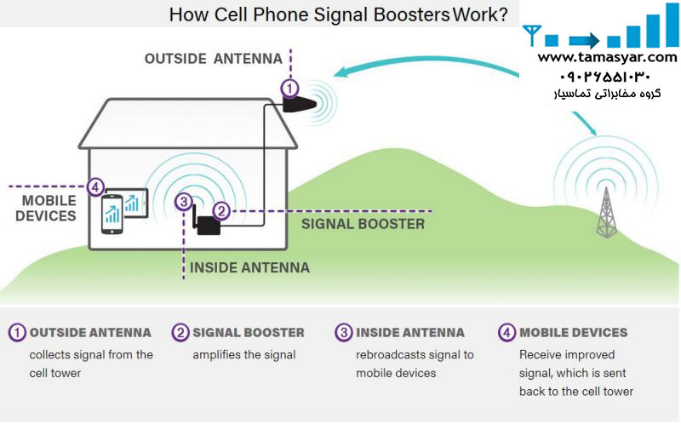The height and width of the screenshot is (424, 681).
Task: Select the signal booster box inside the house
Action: click(x=208, y=225)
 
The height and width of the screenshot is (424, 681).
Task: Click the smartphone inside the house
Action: click(x=112, y=215)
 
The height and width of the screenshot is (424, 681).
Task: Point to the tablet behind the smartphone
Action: click(x=133, y=203)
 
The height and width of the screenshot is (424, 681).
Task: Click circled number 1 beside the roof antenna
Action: click(x=290, y=87)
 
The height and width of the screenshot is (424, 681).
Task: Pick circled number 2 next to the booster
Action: click(x=220, y=209)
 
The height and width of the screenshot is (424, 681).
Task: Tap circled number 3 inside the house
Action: click(x=182, y=202)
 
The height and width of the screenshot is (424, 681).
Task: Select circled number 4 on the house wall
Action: click(x=95, y=186)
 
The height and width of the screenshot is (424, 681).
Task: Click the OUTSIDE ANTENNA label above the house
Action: click(x=213, y=59)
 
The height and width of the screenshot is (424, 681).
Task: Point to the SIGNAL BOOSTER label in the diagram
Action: click(x=363, y=224)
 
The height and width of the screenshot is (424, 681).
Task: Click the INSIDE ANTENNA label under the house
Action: click(x=249, y=267)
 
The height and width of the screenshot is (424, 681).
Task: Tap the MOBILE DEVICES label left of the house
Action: click(x=46, y=209)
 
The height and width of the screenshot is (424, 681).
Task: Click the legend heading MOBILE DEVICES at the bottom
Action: click(x=573, y=332)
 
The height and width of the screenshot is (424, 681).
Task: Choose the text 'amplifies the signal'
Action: click(x=244, y=354)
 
